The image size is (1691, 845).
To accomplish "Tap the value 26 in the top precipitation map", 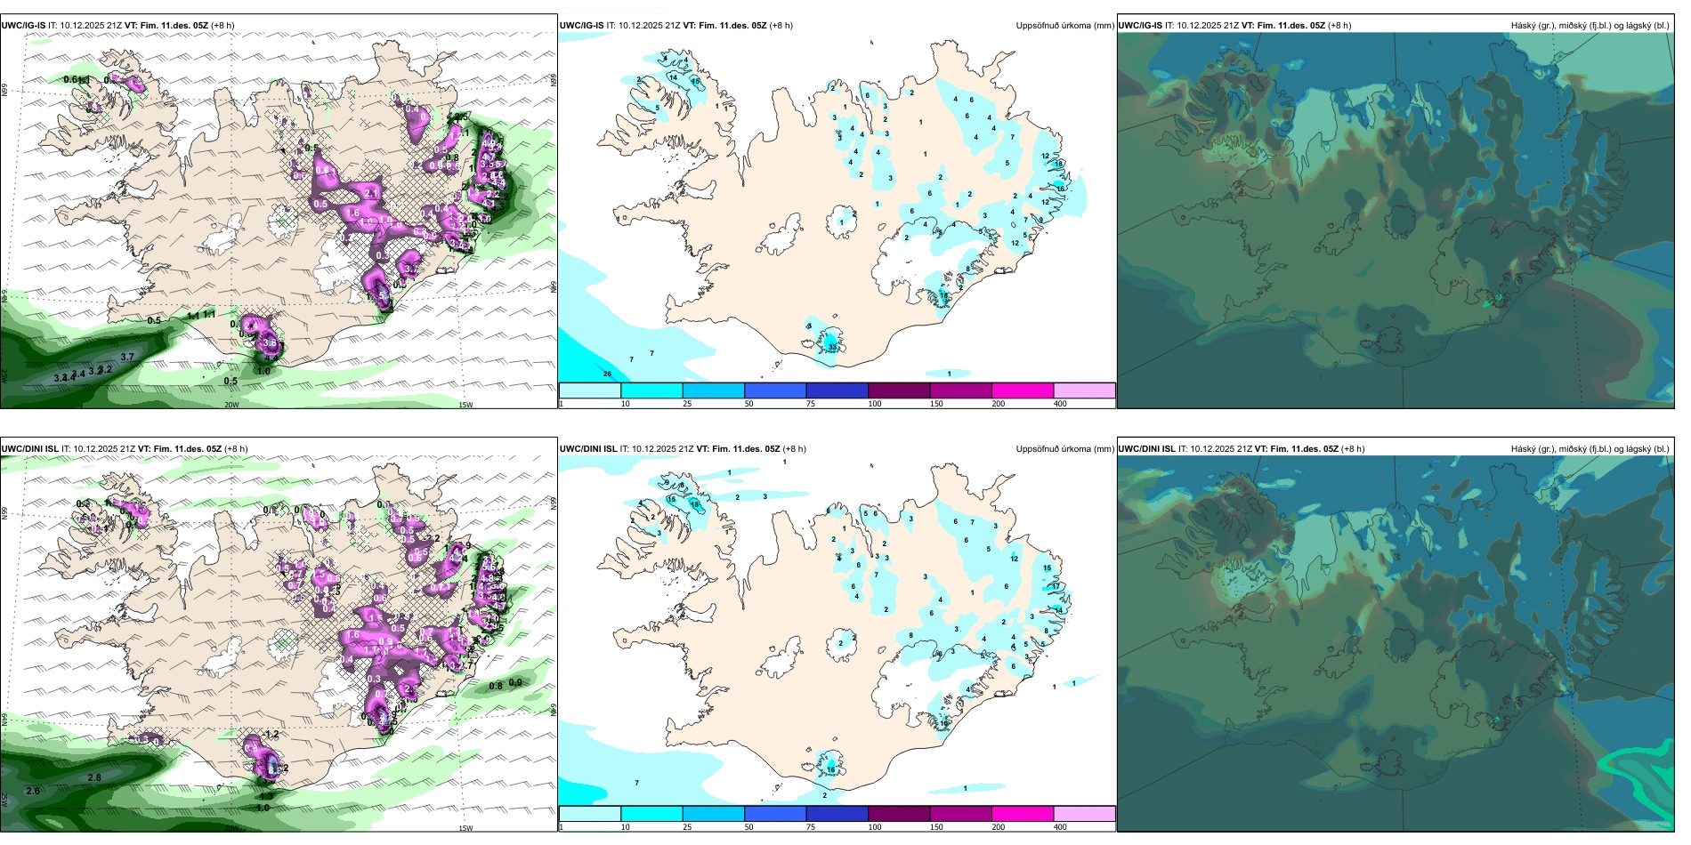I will pyautogui.click(x=608, y=374).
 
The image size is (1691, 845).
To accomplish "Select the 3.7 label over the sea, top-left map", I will pyautogui.click(x=127, y=357).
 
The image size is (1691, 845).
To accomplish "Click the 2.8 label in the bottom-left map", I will pyautogui.click(x=94, y=777).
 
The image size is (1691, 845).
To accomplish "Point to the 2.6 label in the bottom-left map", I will pyautogui.click(x=33, y=791).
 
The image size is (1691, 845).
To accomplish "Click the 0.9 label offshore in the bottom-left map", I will pyautogui.click(x=515, y=682).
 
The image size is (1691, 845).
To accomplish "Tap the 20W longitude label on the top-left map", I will pyautogui.click(x=231, y=405).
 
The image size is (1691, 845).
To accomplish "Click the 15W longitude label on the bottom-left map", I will pyautogui.click(x=465, y=828).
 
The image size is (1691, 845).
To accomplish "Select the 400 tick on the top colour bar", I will pyautogui.click(x=1060, y=404).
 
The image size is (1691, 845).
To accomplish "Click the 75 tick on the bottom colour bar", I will pyautogui.click(x=811, y=827).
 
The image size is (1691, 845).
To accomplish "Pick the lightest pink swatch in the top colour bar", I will pyautogui.click(x=1084, y=390).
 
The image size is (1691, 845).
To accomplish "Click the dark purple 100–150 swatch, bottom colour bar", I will pyautogui.click(x=898, y=814).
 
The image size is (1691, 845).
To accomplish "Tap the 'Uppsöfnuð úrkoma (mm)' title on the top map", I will pyautogui.click(x=1064, y=26).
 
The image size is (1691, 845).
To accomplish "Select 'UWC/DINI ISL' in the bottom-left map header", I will pyautogui.click(x=30, y=449).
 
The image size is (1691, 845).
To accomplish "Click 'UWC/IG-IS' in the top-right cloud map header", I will pyautogui.click(x=1140, y=26).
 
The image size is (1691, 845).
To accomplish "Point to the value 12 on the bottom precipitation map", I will pyautogui.click(x=1015, y=559).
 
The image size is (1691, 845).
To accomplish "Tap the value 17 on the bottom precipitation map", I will pyautogui.click(x=1056, y=586).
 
